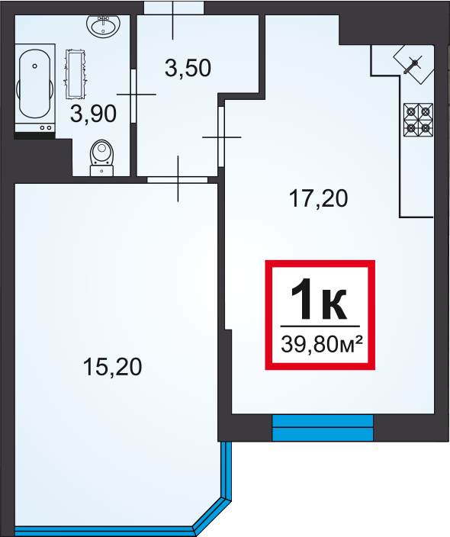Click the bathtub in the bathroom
(x=35, y=88)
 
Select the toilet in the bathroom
(x=101, y=158)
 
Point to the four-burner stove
(x=419, y=120)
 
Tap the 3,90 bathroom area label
(x=93, y=114)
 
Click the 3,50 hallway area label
(x=188, y=68)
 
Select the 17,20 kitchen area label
(x=319, y=198)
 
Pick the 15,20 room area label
(x=112, y=367)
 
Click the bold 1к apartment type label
(x=319, y=299)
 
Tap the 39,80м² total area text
(x=322, y=344)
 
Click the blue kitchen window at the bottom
(x=323, y=428)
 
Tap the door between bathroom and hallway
(x=133, y=94)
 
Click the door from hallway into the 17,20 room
(x=221, y=137)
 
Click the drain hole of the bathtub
(x=34, y=66)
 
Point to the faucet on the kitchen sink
(x=412, y=66)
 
